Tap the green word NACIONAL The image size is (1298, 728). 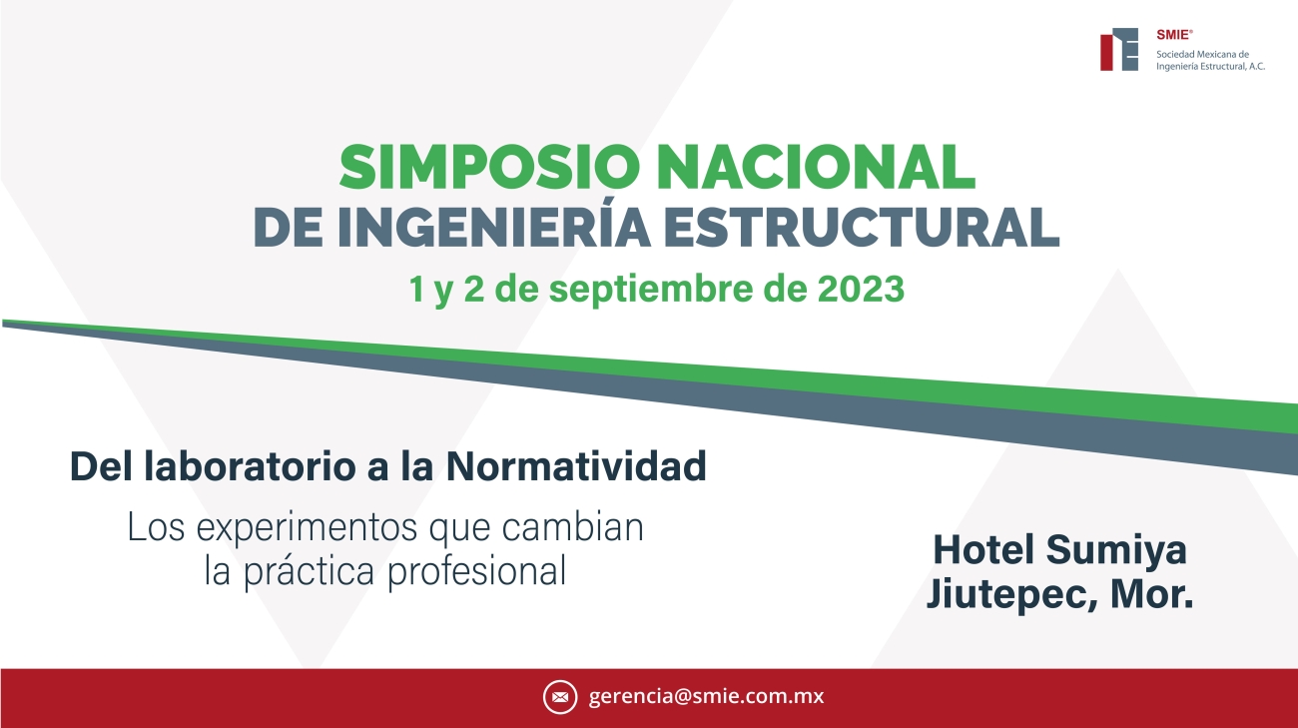(x=816, y=168)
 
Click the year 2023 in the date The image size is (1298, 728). (x=861, y=289)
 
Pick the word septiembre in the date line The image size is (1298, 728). (x=650, y=290)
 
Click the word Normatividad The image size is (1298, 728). (x=576, y=466)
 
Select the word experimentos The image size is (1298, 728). (x=307, y=528)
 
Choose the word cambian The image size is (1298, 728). (x=572, y=527)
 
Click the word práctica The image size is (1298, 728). (x=309, y=572)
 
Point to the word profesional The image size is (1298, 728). (x=476, y=571)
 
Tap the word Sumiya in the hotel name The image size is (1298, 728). (x=1116, y=551)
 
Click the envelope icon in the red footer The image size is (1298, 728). (x=560, y=697)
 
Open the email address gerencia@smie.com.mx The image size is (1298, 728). (x=706, y=696)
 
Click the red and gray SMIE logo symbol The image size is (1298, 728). (x=1119, y=49)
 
